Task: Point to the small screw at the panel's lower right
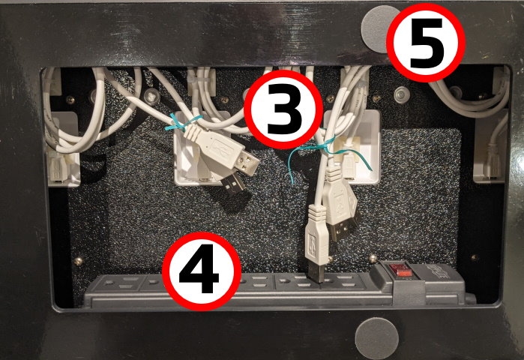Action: [x=473, y=258]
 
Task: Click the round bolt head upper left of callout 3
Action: [x=154, y=96]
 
